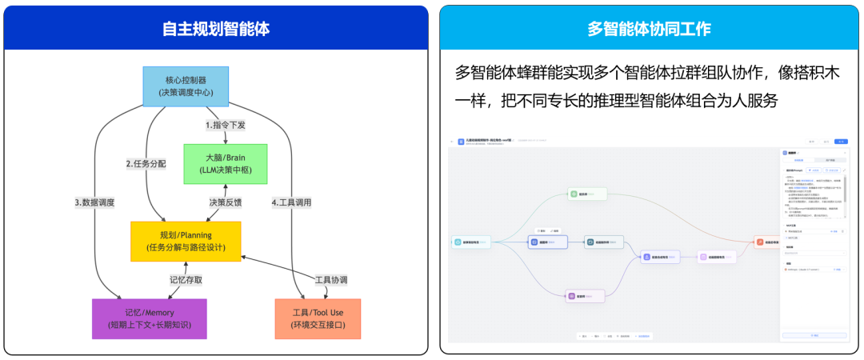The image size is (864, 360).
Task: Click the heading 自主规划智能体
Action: tap(216, 29)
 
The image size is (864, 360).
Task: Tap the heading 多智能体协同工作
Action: tap(649, 29)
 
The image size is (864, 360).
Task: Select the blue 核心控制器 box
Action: tap(186, 86)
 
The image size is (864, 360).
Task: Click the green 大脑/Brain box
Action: tap(225, 164)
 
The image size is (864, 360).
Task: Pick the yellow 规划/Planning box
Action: tap(186, 241)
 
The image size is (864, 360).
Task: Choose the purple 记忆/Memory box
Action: tap(149, 318)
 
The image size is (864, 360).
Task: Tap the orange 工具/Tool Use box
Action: tap(318, 318)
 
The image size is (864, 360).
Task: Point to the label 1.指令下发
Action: tap(225, 125)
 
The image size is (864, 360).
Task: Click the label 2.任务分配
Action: tap(146, 164)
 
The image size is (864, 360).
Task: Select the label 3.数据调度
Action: tap(94, 202)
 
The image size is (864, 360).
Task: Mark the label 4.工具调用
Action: tap(291, 202)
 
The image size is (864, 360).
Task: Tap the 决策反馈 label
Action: tap(225, 202)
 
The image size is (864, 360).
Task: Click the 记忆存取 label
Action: tap(186, 280)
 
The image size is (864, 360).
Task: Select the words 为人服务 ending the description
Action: tap(750, 102)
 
